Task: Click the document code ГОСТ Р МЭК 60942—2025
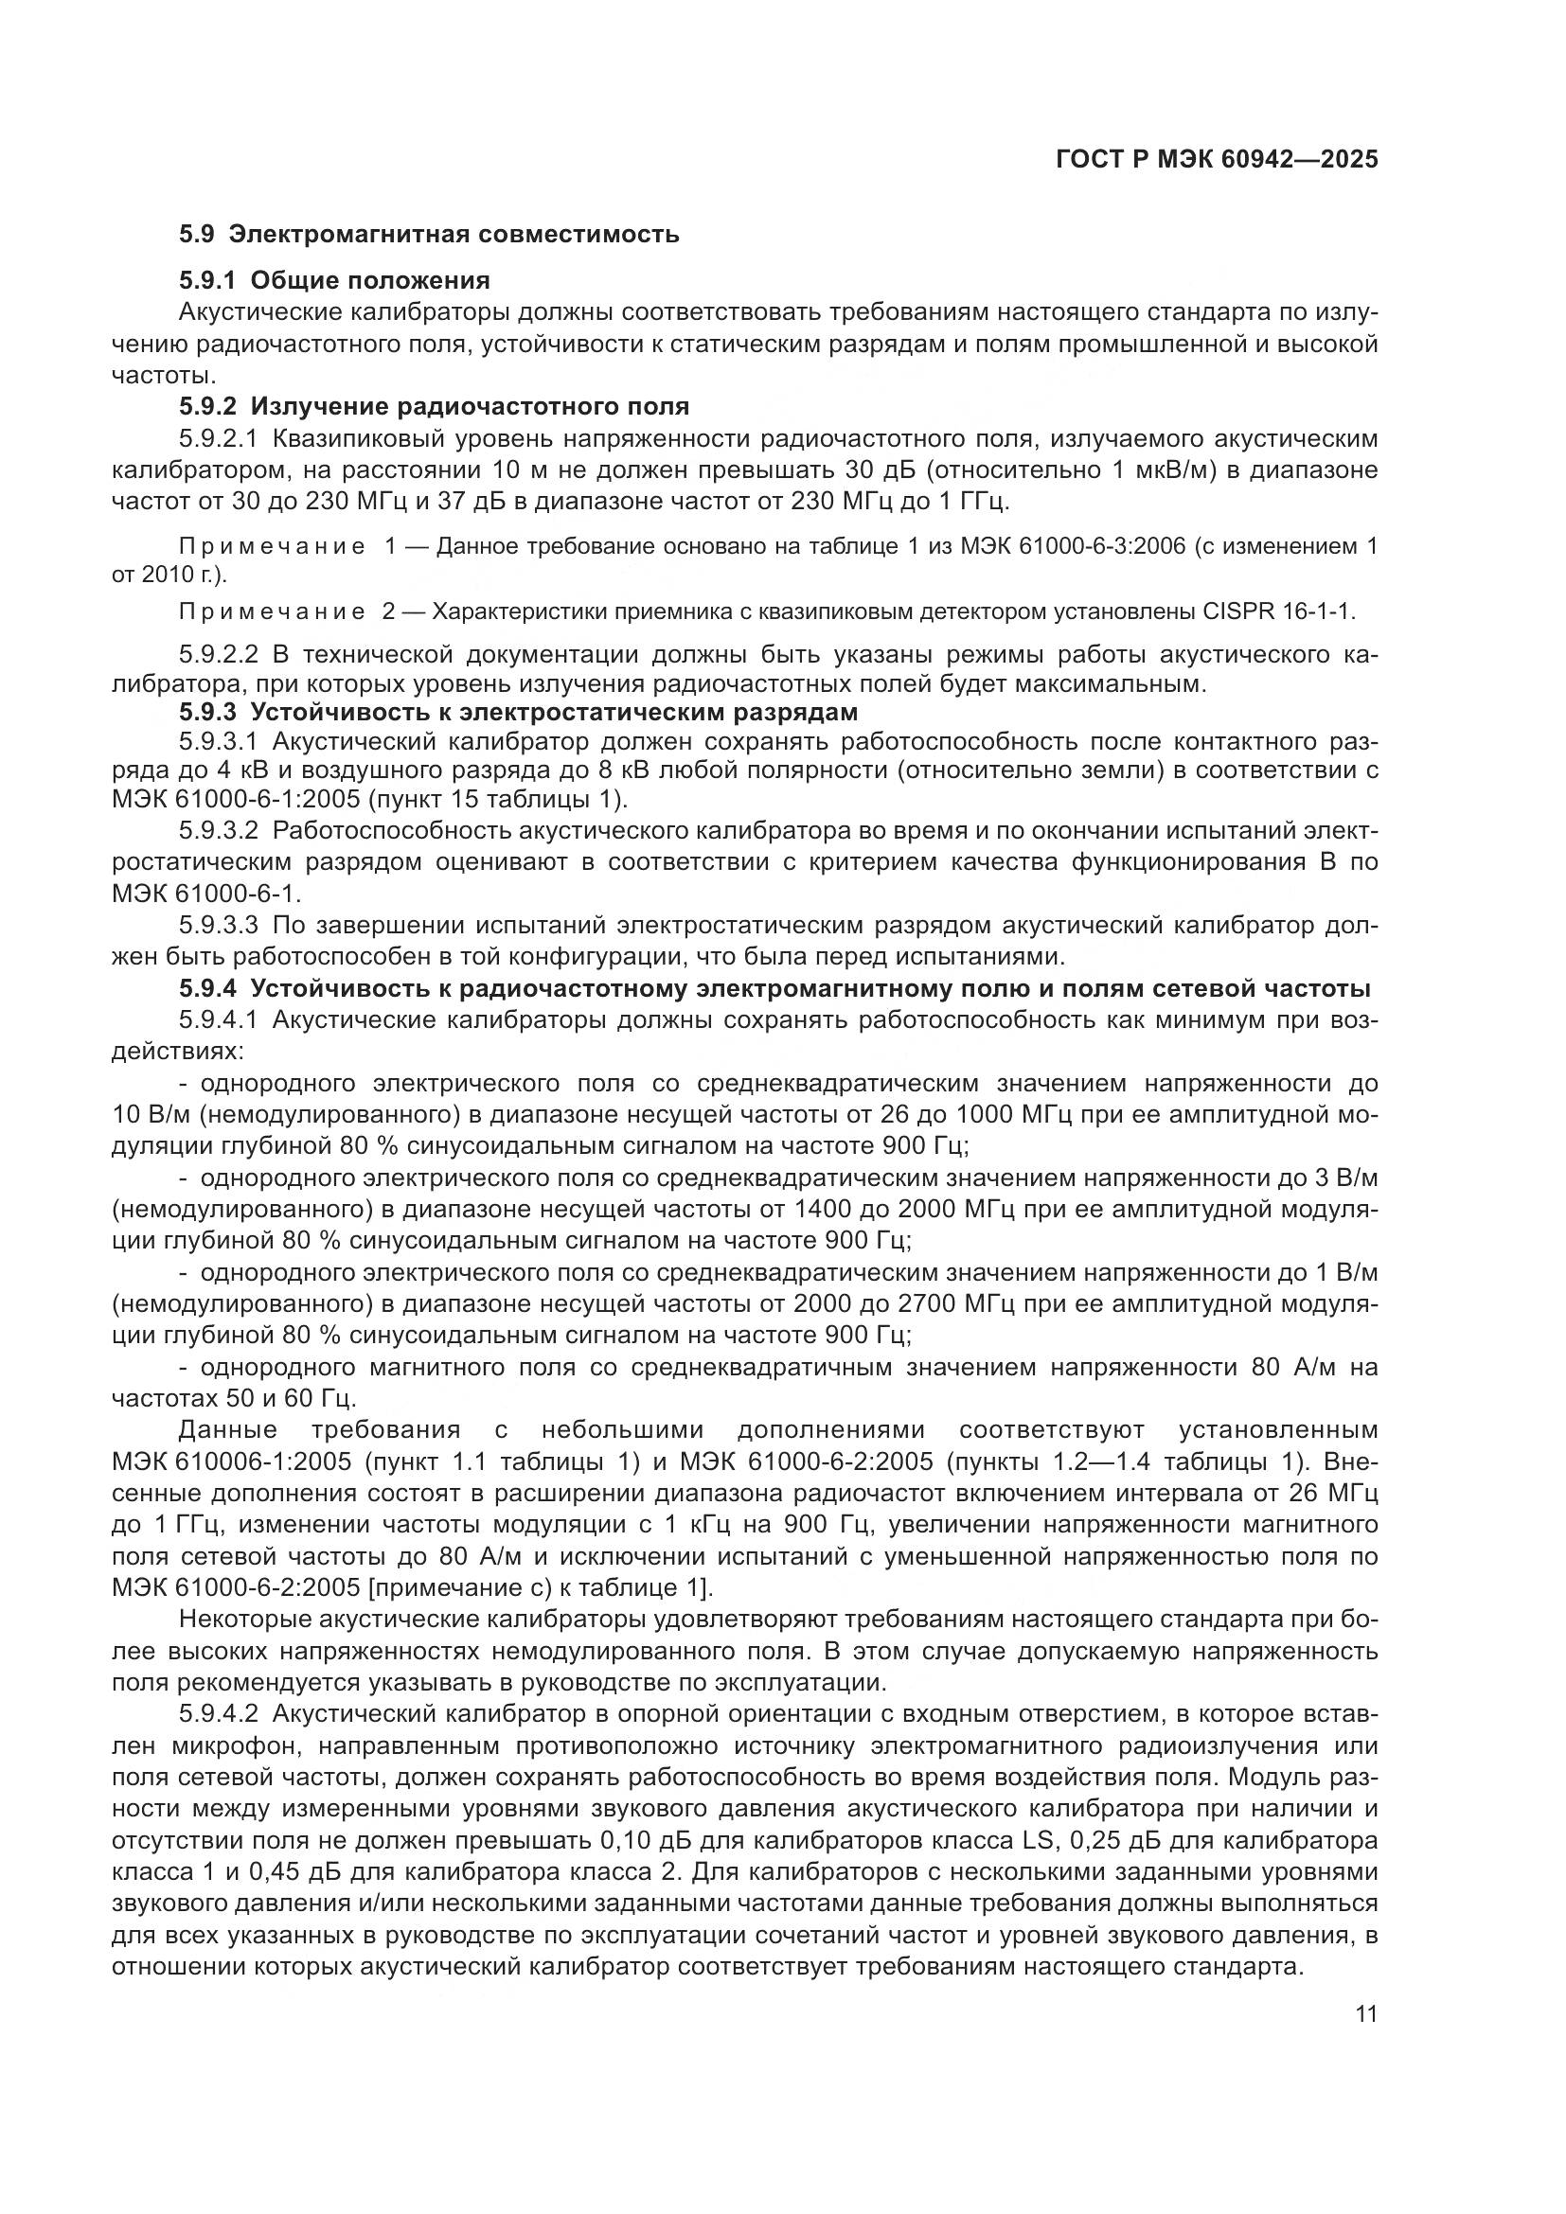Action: tap(1217, 159)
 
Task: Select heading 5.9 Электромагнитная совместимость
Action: tap(429, 235)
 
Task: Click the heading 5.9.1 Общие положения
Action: tap(334, 280)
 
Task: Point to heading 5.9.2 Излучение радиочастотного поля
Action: tap(434, 406)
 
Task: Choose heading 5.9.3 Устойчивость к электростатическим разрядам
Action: tap(518, 712)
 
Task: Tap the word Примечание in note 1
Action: tap(273, 548)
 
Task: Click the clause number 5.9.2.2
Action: tap(218, 655)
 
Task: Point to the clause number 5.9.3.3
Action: tap(218, 926)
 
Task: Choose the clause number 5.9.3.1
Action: tap(218, 741)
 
